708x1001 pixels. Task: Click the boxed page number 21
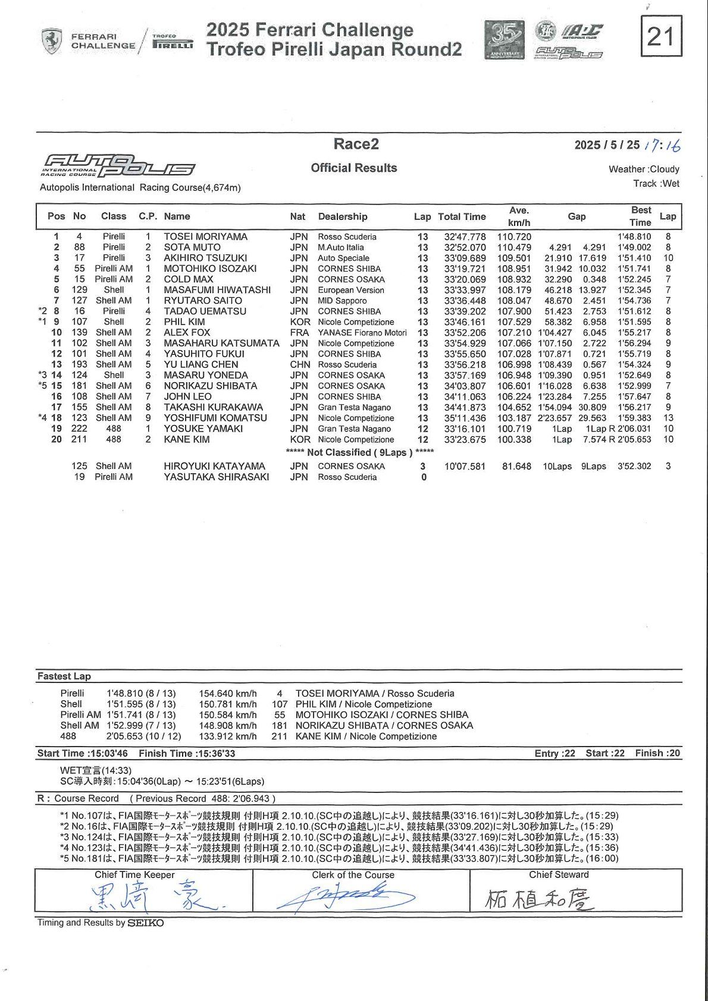(x=661, y=36)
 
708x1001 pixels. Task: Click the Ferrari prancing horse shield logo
(x=52, y=41)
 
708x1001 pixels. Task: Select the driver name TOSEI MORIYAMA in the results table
(x=205, y=237)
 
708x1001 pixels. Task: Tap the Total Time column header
(x=462, y=217)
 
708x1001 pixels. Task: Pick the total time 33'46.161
(x=465, y=322)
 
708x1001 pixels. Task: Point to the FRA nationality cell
(x=299, y=333)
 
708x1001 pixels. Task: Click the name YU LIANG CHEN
(x=201, y=365)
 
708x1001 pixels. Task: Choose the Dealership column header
(x=343, y=217)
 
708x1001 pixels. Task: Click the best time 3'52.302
(x=634, y=467)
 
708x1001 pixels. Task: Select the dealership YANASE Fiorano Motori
(x=362, y=333)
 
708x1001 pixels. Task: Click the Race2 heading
(x=356, y=144)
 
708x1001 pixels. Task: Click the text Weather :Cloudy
(x=643, y=169)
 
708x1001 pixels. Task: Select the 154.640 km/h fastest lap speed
(x=228, y=694)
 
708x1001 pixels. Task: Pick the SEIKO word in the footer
(x=146, y=923)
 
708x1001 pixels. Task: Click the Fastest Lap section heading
(x=64, y=676)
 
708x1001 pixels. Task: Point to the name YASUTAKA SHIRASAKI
(x=216, y=477)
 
